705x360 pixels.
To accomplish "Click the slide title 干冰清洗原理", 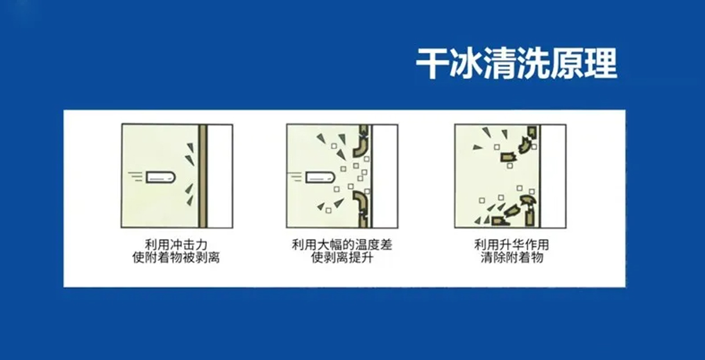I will point(516,63).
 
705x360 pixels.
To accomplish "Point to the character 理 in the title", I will point(600,63).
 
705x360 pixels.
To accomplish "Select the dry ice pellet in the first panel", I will point(159,176).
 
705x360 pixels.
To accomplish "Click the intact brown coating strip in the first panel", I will point(203,176).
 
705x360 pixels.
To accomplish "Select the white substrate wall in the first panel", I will point(220,176).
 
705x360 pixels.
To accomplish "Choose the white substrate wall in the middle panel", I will point(385,176).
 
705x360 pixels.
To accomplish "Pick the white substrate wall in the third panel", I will point(553,176).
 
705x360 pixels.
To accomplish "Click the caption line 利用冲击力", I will point(176,244).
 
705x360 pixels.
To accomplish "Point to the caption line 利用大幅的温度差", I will point(342,244).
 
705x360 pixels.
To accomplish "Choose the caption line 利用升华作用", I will point(512,244).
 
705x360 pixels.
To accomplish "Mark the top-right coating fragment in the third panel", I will point(532,132).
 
